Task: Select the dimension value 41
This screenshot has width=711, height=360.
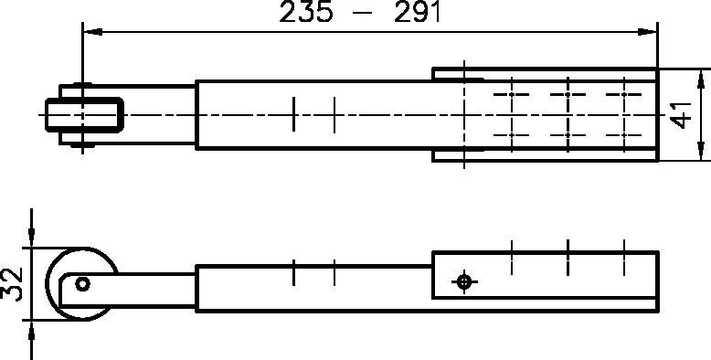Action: click(680, 115)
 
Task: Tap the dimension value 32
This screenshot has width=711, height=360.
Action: click(12, 283)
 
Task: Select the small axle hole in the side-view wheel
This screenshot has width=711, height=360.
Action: click(82, 283)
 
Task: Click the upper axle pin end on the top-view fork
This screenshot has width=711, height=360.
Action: click(83, 88)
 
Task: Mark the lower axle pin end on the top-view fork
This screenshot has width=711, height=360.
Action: click(83, 143)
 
